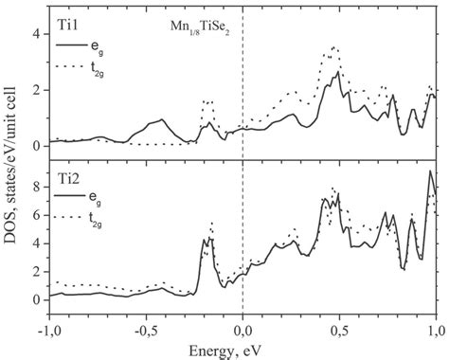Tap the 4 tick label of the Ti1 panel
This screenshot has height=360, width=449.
[x=35, y=34]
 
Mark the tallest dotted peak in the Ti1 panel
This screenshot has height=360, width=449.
[x=334, y=46]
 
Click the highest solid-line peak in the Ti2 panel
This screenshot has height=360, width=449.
[x=431, y=171]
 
